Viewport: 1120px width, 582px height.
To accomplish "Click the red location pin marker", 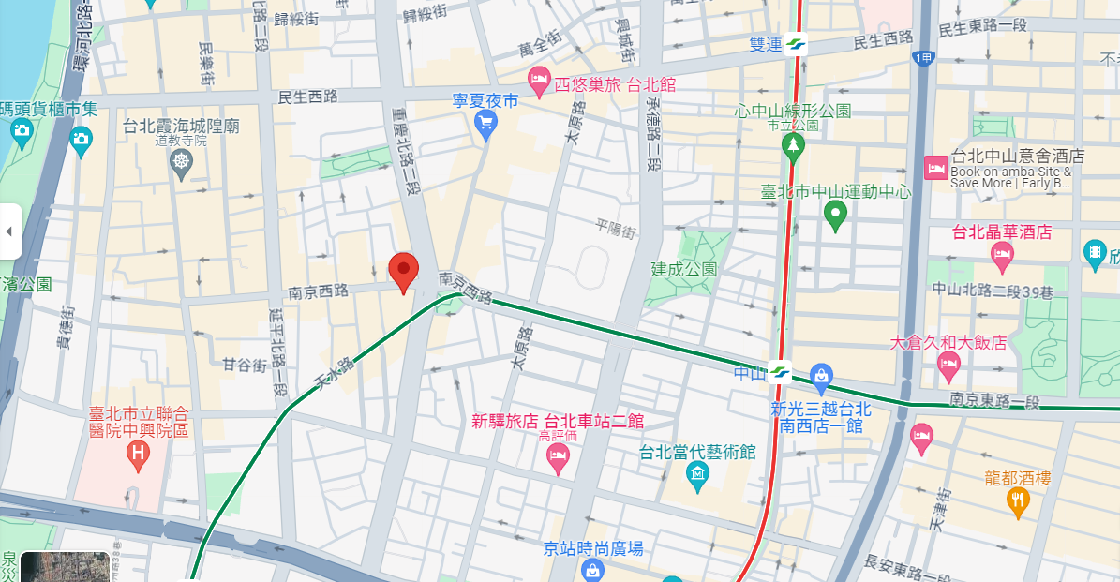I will pos(404,272).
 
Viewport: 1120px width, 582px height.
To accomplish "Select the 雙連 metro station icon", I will pos(795,44).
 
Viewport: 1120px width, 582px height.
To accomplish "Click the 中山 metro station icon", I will pos(779,371).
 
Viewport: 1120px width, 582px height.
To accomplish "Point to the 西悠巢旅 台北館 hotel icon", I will pos(538,82).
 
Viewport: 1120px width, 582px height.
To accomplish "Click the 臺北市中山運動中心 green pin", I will pos(835,216).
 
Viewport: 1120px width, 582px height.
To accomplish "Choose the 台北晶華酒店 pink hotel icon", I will pos(1002,253).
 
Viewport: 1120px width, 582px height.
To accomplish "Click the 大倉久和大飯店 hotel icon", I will pos(948,366).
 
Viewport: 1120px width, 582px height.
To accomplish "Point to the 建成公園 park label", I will pos(684,269).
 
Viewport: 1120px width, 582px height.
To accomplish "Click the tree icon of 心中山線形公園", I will pos(794,145).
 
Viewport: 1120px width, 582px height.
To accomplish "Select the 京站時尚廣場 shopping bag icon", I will pos(592,570).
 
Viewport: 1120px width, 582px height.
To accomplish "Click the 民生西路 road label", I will pos(307,97).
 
